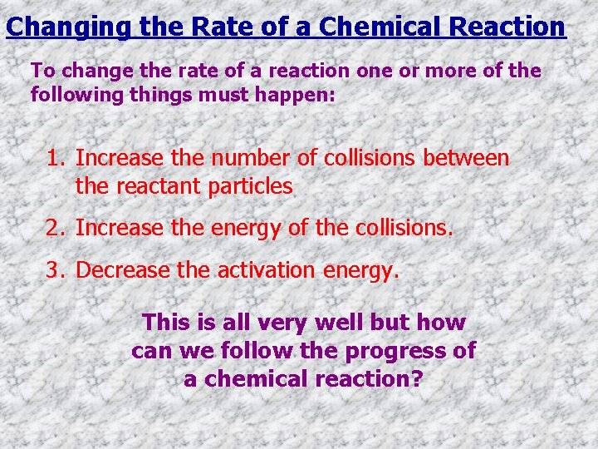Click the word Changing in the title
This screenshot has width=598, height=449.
[x=66, y=27]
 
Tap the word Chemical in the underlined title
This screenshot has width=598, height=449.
[x=368, y=27]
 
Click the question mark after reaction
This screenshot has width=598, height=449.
[x=418, y=379]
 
